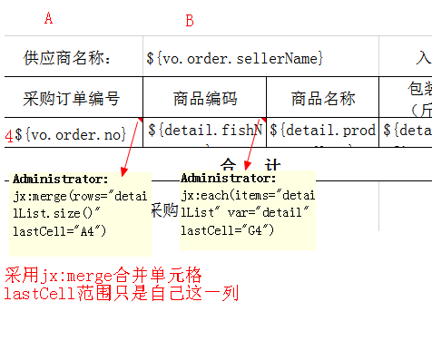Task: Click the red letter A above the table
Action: (x=48, y=18)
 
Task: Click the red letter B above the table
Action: (x=190, y=21)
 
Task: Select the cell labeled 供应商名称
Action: (x=67, y=59)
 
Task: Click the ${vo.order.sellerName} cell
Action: (x=235, y=59)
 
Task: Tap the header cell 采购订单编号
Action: (x=71, y=99)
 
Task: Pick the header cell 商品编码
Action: (x=204, y=99)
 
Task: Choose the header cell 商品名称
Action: (x=323, y=99)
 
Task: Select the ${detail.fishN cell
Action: (x=204, y=132)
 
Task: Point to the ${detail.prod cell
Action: (x=323, y=132)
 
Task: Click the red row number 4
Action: (x=8, y=135)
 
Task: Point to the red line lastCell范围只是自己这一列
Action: (x=119, y=293)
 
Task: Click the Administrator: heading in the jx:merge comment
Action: (x=61, y=179)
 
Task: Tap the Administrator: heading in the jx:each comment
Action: (x=229, y=178)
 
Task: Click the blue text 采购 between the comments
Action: (x=163, y=209)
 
